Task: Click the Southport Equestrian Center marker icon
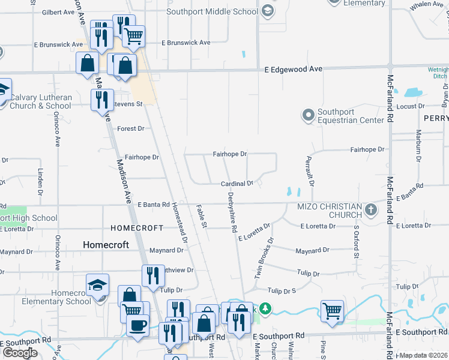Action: pyautogui.click(x=309, y=114)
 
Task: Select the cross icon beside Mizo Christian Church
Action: pyautogui.click(x=372, y=210)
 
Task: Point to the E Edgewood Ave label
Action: pyautogui.click(x=294, y=70)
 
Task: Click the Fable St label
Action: pyautogui.click(x=202, y=217)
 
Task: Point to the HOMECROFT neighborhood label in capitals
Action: pyautogui.click(x=137, y=228)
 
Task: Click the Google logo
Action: pyautogui.click(x=19, y=353)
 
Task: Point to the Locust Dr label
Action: pyautogui.click(x=411, y=106)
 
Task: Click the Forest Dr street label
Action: pyautogui.click(x=131, y=128)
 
